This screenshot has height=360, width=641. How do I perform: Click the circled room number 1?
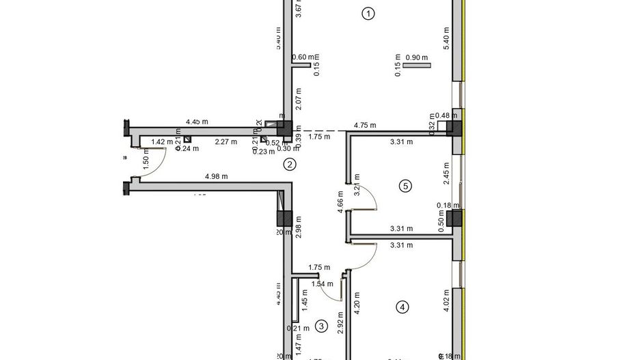[369, 13]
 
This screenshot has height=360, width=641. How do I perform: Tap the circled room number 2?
[290, 164]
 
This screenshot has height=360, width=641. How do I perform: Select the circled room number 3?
[322, 327]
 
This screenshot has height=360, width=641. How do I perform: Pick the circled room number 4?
[403, 307]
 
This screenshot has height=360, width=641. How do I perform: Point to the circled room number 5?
[405, 185]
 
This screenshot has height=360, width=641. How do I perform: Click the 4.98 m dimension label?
[216, 177]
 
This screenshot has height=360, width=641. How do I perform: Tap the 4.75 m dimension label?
[366, 126]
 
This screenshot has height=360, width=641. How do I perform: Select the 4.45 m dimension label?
[197, 122]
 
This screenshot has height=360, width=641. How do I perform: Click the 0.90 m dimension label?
[416, 58]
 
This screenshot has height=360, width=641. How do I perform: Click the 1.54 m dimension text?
[322, 284]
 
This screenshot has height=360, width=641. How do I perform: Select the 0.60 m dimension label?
[303, 58]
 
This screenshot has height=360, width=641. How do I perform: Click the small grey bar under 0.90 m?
[417, 66]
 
